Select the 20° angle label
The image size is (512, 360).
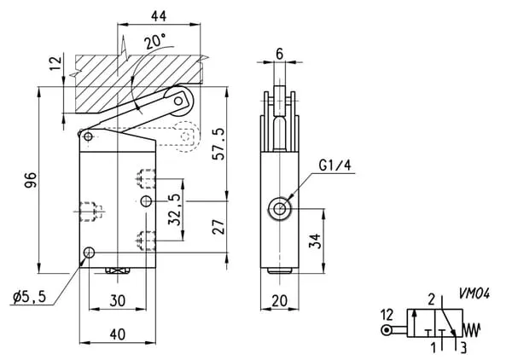point(155,41)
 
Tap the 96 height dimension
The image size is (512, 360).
point(30,179)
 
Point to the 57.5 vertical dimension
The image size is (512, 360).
point(219,142)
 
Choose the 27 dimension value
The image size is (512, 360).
point(218,227)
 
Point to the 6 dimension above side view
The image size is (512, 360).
point(279,52)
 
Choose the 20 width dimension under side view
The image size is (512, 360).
point(279,300)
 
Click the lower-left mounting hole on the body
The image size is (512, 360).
point(89,253)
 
